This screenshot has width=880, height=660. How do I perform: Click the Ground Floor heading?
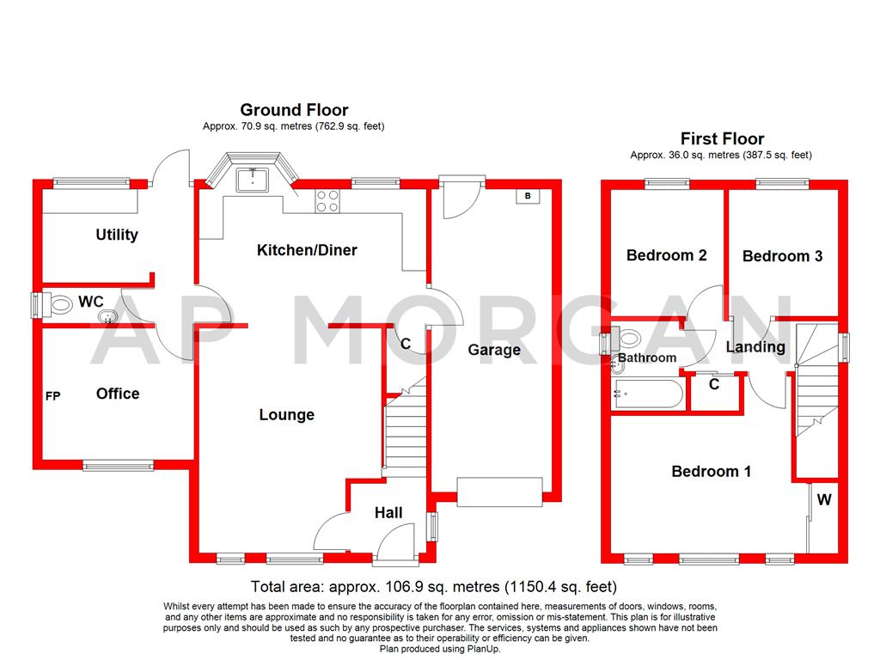pyautogui.click(x=294, y=110)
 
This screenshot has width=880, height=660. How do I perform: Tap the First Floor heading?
pyautogui.click(x=722, y=138)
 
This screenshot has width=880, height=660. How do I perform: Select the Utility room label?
pyautogui.click(x=117, y=235)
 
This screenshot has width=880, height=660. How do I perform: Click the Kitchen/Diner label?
pyautogui.click(x=307, y=250)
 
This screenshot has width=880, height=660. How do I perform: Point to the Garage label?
pyautogui.click(x=494, y=350)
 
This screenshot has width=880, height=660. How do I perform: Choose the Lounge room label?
pyautogui.click(x=287, y=415)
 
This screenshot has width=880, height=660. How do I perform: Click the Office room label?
pyautogui.click(x=118, y=394)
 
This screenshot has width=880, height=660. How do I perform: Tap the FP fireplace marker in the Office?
pyautogui.click(x=53, y=396)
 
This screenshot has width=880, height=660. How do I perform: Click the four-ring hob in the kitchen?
pyautogui.click(x=327, y=200)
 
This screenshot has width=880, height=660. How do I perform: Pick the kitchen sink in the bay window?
pyautogui.click(x=253, y=179)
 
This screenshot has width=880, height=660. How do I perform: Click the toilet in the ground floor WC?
pyautogui.click(x=60, y=303)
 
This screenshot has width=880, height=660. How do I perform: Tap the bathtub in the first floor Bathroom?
pyautogui.click(x=649, y=396)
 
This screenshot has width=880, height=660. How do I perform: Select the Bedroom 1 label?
pyautogui.click(x=711, y=471)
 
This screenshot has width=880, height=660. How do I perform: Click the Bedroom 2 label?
pyautogui.click(x=666, y=255)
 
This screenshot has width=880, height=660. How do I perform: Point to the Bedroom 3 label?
pyautogui.click(x=782, y=256)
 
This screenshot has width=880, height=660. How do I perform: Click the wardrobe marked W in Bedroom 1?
pyautogui.click(x=823, y=499)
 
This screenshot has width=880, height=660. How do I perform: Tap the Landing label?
pyautogui.click(x=755, y=347)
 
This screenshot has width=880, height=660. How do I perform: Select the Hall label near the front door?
pyautogui.click(x=388, y=513)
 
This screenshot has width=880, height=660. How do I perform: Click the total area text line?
pyautogui.click(x=434, y=588)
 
